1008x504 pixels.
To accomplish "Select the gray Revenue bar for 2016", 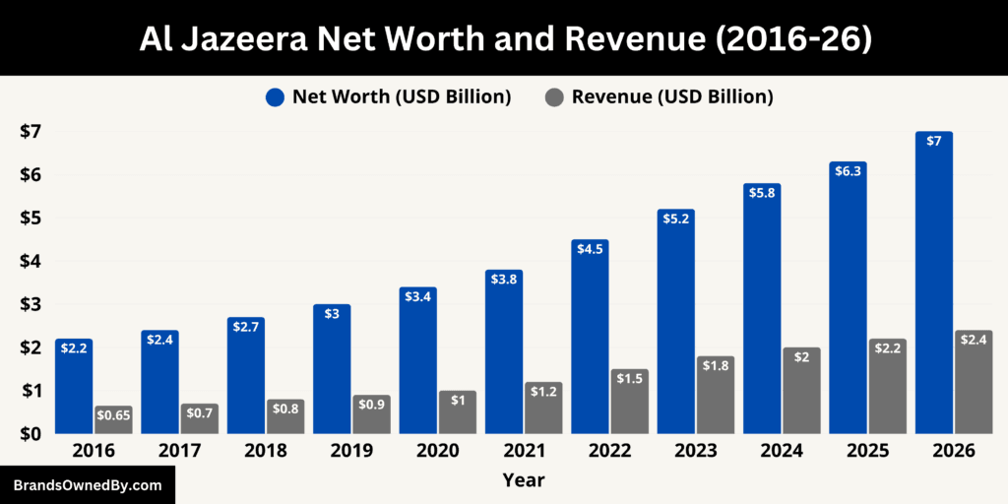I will [113, 419].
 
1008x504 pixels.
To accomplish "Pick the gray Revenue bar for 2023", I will [716, 395].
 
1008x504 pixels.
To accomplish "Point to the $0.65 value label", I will [113, 415].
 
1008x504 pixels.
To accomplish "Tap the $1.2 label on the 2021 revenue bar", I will [543, 392].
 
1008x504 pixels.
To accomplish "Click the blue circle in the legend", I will [275, 97].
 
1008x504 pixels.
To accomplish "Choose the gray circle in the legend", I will [554, 97].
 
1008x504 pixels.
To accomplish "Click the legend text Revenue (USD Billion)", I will [672, 96].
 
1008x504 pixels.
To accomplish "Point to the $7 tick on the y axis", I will [31, 132].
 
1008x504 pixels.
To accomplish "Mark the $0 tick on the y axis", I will [31, 434].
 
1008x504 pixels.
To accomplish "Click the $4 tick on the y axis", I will [31, 262].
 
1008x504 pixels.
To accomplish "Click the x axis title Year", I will [523, 480].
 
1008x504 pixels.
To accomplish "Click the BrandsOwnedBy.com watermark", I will [88, 485].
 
